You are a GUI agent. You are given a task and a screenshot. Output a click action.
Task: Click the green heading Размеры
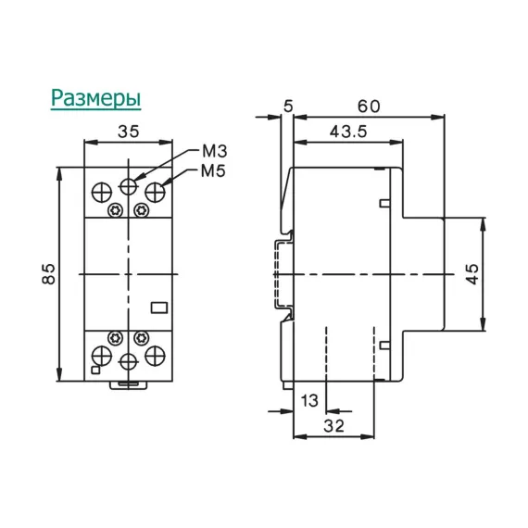click(95, 97)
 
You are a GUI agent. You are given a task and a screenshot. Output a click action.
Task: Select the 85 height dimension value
click(52, 273)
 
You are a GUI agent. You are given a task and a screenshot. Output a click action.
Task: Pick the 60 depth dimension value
click(368, 107)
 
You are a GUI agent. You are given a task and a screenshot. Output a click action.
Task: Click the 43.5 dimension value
click(347, 132)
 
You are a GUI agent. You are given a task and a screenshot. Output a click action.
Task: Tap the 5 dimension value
click(288, 107)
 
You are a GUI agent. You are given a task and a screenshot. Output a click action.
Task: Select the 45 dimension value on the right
click(472, 274)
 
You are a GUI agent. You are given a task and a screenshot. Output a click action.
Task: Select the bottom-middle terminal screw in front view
click(129, 359)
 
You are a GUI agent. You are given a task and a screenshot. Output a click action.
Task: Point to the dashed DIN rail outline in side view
click(278, 274)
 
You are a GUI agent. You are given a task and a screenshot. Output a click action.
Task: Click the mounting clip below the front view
click(129, 382)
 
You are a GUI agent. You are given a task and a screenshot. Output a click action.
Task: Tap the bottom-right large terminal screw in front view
click(155, 352)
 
